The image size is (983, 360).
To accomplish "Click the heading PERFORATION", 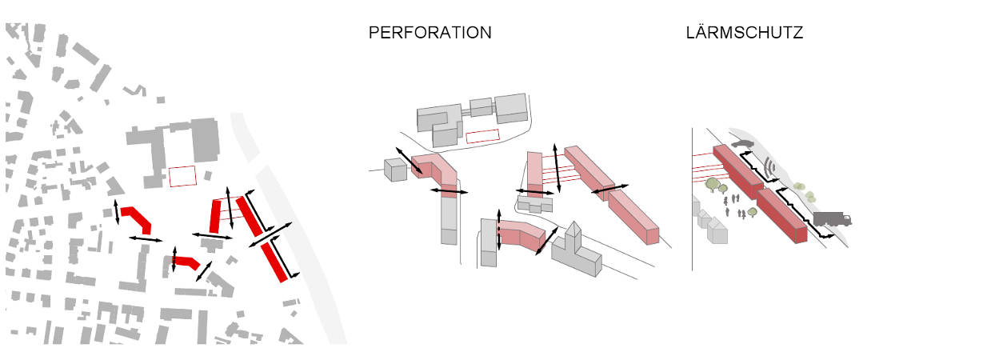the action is (x=430, y=33).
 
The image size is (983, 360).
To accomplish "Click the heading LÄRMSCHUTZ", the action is (x=745, y=33).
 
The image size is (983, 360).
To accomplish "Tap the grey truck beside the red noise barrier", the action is (x=833, y=218).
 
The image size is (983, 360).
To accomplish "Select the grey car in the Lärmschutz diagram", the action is (x=742, y=143).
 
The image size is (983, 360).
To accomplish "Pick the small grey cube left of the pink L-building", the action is (x=396, y=170).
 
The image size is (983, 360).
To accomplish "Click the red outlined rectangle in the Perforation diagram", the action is (x=483, y=137).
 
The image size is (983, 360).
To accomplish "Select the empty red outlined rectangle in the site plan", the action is (x=182, y=177).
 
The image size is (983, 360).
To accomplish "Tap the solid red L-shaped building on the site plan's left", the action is (x=137, y=219).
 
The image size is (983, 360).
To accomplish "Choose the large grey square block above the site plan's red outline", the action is (x=205, y=140).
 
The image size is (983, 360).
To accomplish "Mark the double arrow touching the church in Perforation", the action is (x=547, y=241).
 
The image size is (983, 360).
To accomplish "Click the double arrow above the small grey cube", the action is (x=410, y=161).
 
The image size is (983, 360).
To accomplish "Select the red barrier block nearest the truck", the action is (x=782, y=215).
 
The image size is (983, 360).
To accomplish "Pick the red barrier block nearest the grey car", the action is (x=738, y=170).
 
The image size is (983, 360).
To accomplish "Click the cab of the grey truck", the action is (x=845, y=219).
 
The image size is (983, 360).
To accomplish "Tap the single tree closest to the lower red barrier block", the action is (x=752, y=213).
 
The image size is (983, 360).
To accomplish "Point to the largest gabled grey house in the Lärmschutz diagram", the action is (x=717, y=231).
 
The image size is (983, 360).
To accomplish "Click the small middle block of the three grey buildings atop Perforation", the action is (x=482, y=107).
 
